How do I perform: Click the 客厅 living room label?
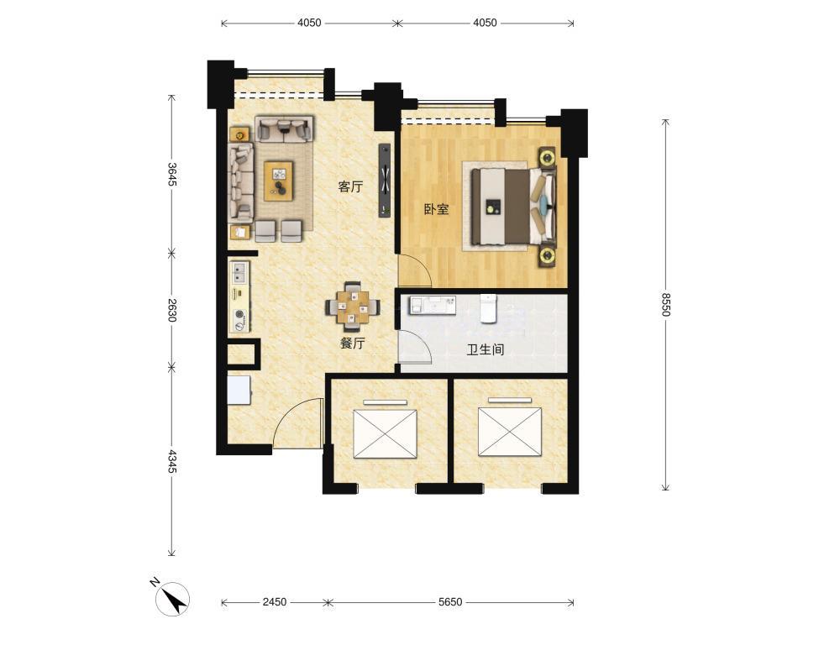pyautogui.click(x=350, y=186)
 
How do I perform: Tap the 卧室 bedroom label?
pyautogui.click(x=436, y=209)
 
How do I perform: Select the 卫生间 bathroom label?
pyautogui.click(x=486, y=350)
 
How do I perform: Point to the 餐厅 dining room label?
pyautogui.click(x=353, y=343)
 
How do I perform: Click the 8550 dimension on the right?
pyautogui.click(x=665, y=304)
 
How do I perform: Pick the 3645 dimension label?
pyautogui.click(x=171, y=175)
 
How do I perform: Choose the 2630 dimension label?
pyautogui.click(x=171, y=310)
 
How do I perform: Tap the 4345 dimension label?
pyautogui.click(x=171, y=461)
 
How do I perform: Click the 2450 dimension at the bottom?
pyautogui.click(x=275, y=602)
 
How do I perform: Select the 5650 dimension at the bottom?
pyautogui.click(x=450, y=602)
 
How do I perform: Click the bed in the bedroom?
pyautogui.click(x=514, y=207)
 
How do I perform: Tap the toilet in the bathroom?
pyautogui.click(x=487, y=309)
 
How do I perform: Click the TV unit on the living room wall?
pyautogui.click(x=386, y=181)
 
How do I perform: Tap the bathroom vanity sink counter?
pyautogui.click(x=433, y=305)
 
